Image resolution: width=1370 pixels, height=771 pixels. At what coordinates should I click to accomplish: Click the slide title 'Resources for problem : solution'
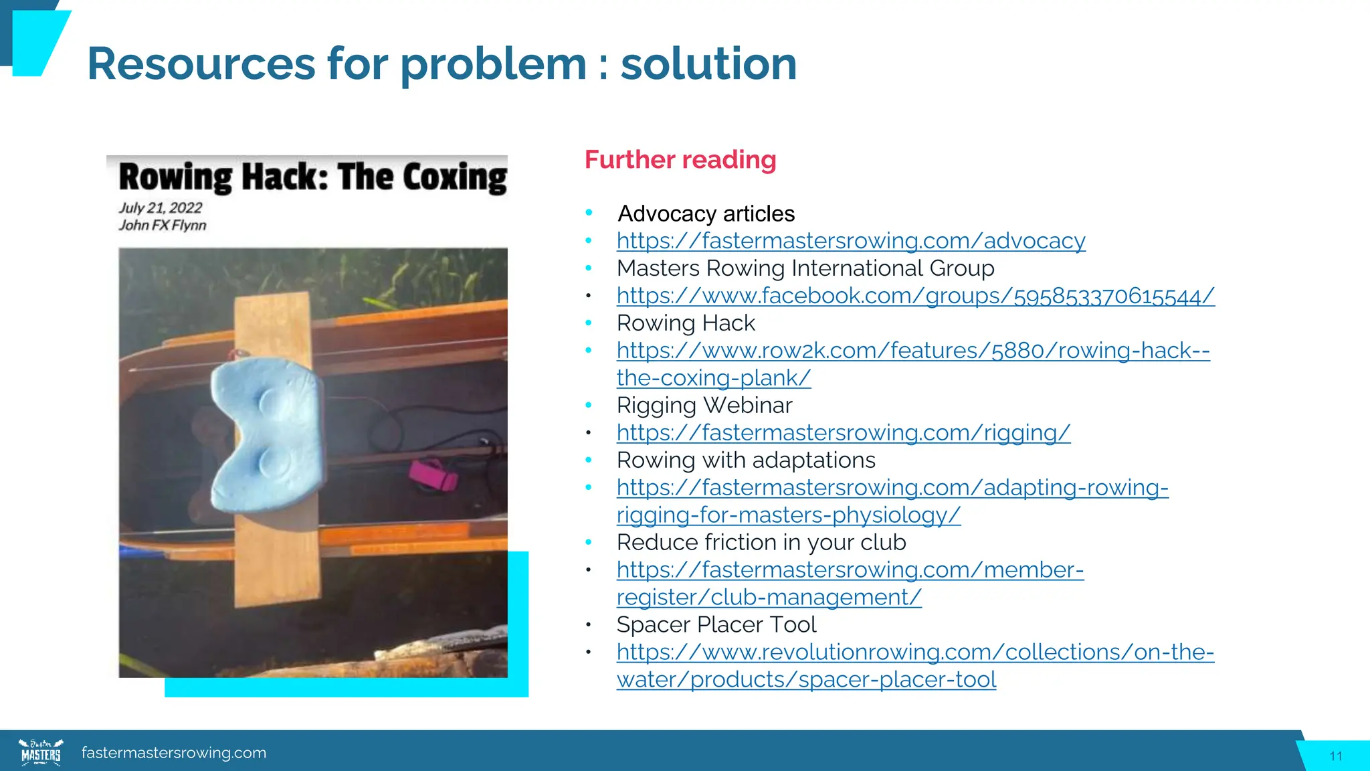click(442, 64)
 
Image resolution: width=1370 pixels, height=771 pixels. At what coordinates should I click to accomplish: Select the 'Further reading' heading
click(680, 160)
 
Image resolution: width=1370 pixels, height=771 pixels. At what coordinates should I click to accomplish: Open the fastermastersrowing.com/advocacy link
click(851, 241)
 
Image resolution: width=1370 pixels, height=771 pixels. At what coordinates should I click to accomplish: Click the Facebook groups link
click(915, 296)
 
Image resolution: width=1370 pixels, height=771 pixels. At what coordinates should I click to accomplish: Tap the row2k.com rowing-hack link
click(913, 351)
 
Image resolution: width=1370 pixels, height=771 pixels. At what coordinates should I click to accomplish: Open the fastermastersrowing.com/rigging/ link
click(843, 433)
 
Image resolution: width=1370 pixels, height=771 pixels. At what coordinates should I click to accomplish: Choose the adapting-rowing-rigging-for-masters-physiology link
click(892, 488)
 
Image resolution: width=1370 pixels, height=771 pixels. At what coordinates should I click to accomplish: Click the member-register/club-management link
click(850, 570)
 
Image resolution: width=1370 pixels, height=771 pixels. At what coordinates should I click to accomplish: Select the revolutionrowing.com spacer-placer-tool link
click(914, 653)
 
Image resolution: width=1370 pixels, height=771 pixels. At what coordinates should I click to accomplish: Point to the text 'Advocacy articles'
click(706, 214)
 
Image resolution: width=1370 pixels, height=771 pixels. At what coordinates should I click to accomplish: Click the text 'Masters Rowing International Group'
click(805, 268)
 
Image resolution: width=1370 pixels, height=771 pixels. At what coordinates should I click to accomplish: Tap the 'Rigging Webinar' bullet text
click(704, 406)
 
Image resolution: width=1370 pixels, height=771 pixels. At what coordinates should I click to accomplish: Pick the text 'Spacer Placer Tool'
click(716, 625)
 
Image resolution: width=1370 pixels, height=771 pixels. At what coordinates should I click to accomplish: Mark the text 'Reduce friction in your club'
click(761, 543)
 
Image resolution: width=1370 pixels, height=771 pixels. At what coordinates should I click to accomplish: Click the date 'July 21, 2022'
click(161, 208)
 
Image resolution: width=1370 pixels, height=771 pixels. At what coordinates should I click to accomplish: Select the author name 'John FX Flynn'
click(163, 226)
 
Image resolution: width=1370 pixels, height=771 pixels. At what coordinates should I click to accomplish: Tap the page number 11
click(1336, 756)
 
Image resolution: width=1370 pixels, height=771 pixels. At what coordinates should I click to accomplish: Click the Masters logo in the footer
click(41, 752)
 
